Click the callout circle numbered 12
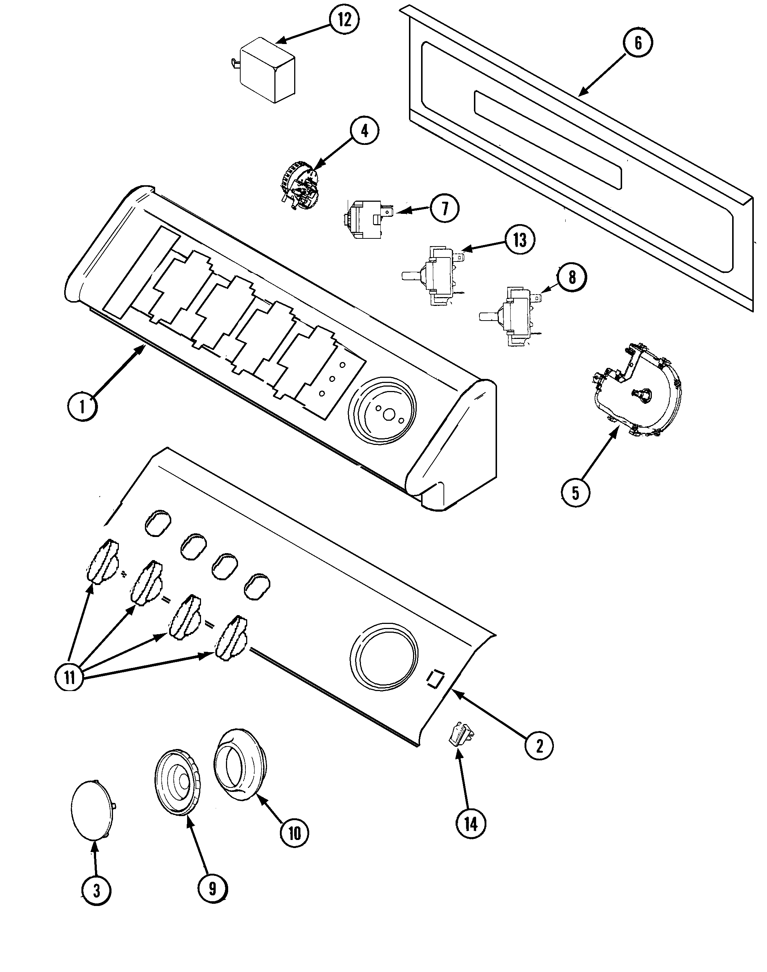click(344, 21)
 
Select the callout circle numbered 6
click(638, 43)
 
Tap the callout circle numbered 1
click(82, 406)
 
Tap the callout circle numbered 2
click(539, 746)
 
